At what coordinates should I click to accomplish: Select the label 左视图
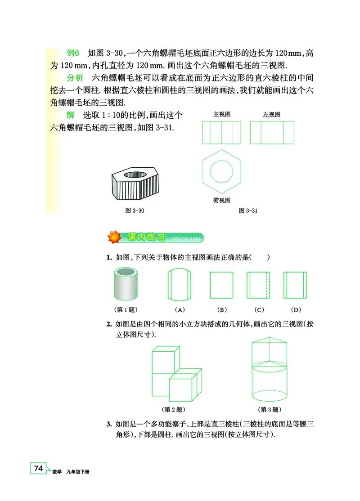point(271,115)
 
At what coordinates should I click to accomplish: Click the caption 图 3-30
point(134,210)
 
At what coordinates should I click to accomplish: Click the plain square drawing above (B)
point(221,285)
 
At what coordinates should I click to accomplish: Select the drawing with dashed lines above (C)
point(258,285)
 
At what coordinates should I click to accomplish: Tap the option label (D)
point(295,309)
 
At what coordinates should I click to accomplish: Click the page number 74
point(38,469)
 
